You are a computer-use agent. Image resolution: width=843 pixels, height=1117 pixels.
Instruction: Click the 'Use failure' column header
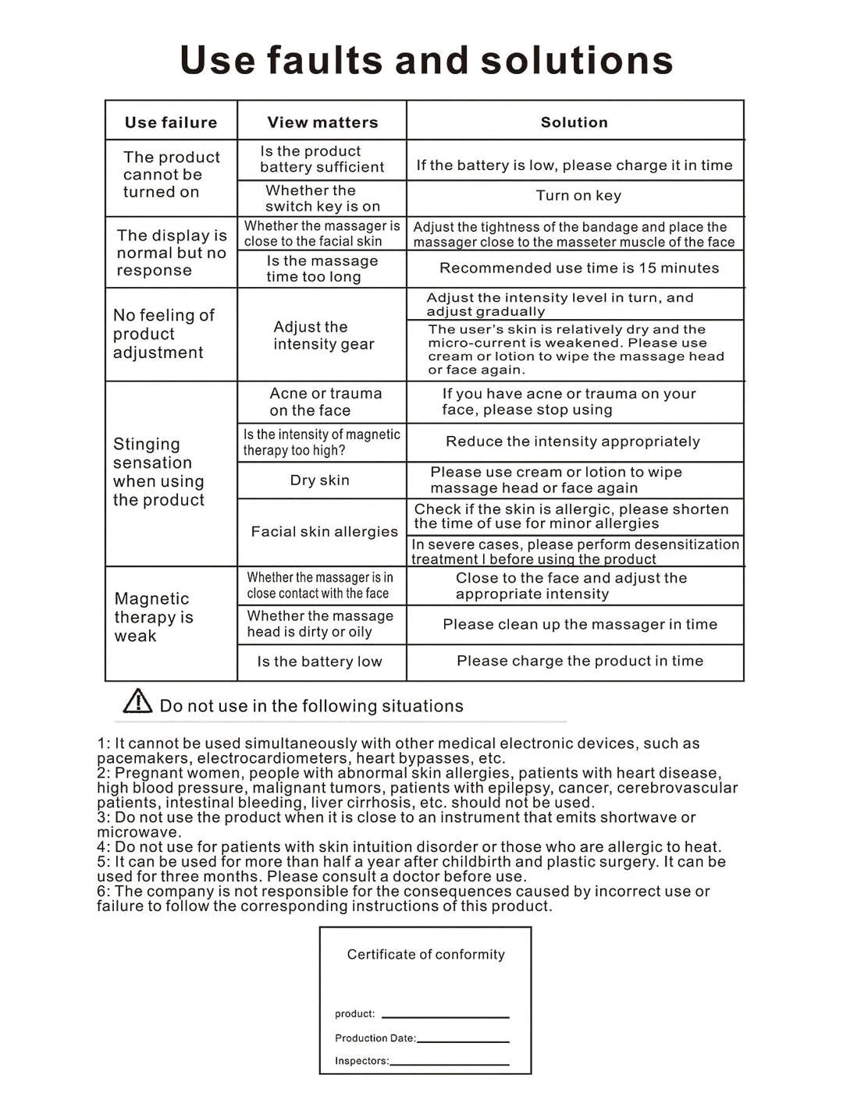coord(171,122)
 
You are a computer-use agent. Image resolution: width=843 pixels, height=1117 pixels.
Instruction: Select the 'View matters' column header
coord(322,122)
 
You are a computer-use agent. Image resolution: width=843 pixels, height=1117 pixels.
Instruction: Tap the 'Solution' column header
coord(574,122)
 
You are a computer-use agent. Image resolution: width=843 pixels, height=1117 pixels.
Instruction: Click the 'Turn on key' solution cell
coord(578,196)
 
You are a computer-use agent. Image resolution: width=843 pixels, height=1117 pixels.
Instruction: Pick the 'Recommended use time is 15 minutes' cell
coord(579,268)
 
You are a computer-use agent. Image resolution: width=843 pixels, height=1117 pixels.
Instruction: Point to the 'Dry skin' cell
coord(320,480)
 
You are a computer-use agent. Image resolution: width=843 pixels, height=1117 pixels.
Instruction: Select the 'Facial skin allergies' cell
coord(324,532)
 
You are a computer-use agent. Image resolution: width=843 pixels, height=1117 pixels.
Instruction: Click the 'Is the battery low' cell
coord(320,662)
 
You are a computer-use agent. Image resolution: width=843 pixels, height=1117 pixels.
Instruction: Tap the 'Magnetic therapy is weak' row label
coord(154,617)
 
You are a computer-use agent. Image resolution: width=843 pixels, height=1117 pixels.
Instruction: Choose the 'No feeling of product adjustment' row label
coord(163,334)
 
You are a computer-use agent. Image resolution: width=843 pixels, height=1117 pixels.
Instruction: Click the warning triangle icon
coord(138,701)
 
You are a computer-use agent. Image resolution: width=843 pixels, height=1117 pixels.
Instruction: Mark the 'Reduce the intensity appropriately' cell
coord(573,441)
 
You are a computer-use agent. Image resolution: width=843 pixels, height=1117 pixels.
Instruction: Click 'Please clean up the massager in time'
coord(580,624)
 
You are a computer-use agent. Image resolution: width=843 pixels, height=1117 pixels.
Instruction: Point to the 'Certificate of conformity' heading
coord(426,955)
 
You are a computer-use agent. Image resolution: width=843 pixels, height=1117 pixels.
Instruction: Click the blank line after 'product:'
coord(445,1015)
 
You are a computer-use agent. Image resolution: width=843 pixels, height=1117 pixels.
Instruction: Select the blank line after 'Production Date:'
coord(463,1040)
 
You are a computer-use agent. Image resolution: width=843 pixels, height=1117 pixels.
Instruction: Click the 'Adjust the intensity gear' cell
coord(323,335)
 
